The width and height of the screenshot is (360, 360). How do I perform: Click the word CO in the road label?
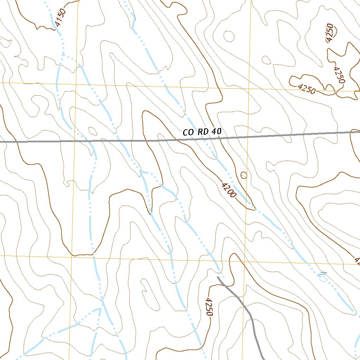point(188,133)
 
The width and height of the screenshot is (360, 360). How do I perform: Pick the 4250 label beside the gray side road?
point(209,307)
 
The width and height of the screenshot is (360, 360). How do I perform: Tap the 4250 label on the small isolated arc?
point(330,33)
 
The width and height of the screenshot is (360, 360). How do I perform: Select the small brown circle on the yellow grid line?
point(243,175)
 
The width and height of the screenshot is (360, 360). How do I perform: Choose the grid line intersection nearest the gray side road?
point(245,261)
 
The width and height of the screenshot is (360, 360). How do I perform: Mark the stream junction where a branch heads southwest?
point(101,309)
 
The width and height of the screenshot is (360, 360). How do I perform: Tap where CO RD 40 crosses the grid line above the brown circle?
point(248,137)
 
